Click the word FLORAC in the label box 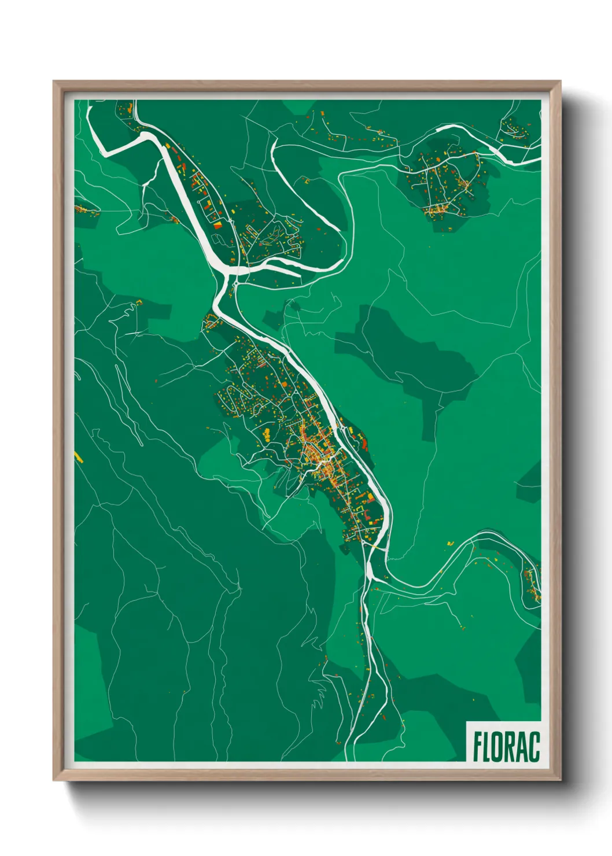pos(506,746)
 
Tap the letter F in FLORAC pos(478,746)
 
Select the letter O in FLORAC pos(497,746)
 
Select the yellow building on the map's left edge pos(79,457)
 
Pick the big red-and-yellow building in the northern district pos(219,224)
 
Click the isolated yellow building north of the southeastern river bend pos(450,543)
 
